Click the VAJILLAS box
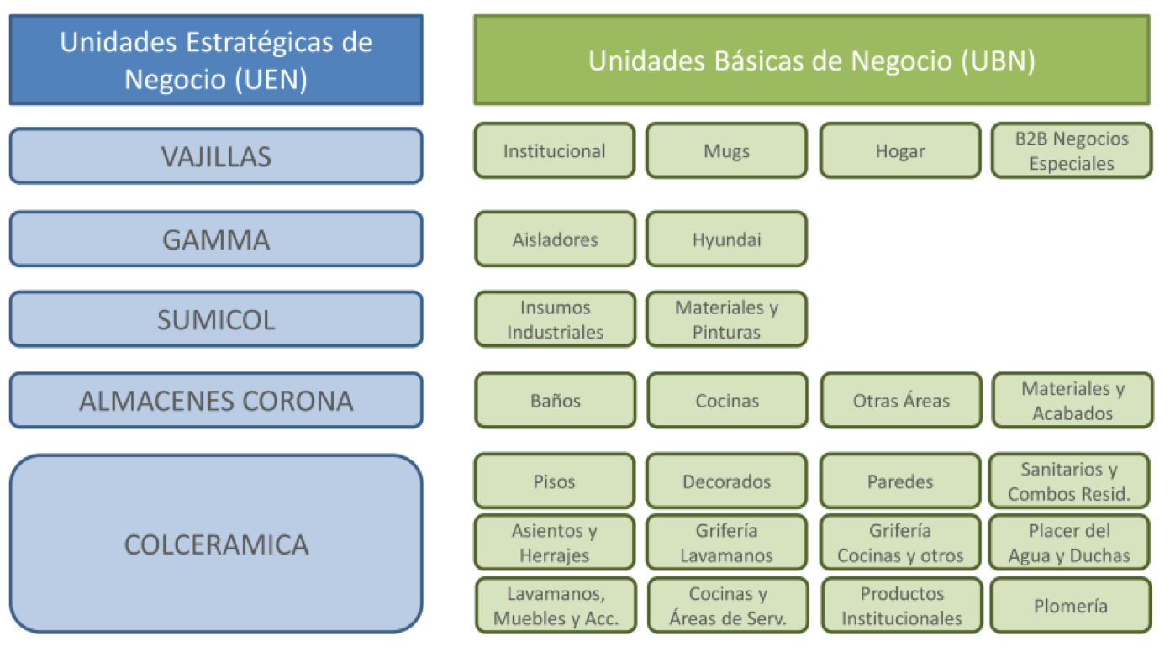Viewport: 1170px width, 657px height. tap(216, 155)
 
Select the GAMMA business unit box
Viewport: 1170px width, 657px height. tap(216, 239)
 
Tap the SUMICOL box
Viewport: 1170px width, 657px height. tap(216, 319)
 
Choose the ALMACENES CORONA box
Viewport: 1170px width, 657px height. tap(216, 401)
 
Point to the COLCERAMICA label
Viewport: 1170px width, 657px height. tap(216, 544)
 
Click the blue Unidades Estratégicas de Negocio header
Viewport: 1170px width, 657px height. tap(216, 60)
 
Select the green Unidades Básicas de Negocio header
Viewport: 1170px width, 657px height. tap(812, 60)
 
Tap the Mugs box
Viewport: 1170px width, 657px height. tap(726, 150)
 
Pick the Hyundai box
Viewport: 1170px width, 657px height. tap(726, 239)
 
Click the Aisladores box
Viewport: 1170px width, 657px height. tap(556, 239)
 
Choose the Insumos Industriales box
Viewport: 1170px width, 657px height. tap(556, 319)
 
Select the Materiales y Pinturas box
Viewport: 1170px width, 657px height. tap(726, 319)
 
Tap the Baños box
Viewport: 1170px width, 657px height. tap(556, 401)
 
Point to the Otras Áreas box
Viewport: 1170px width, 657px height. tap(901, 401)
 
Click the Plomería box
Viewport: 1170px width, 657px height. tap(1071, 606)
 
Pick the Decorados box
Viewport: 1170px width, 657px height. tap(726, 481)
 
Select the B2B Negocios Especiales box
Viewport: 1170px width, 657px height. tap(1072, 150)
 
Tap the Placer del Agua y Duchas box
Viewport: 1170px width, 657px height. tap(1069, 543)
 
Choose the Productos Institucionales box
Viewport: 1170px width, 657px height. tap(902, 606)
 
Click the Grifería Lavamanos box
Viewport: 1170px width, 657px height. tap(726, 543)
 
